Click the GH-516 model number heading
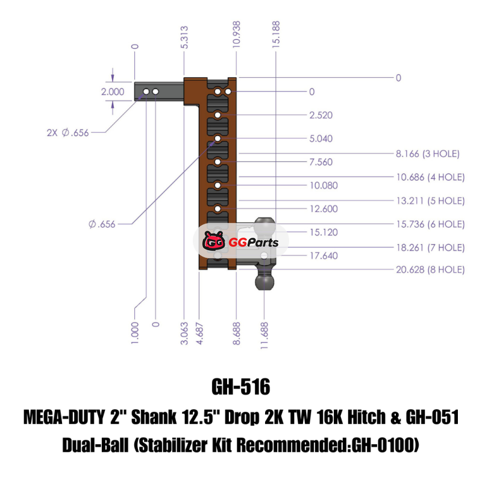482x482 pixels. coord(240,387)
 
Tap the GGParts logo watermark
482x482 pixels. coord(240,243)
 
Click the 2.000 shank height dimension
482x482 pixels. coord(113,92)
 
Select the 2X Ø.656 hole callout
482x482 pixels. coord(67,133)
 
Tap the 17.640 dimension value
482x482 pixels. coord(324,255)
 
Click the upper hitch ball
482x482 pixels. coord(264,227)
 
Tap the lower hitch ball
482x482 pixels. coord(264,281)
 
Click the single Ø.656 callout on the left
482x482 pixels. coord(101,224)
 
